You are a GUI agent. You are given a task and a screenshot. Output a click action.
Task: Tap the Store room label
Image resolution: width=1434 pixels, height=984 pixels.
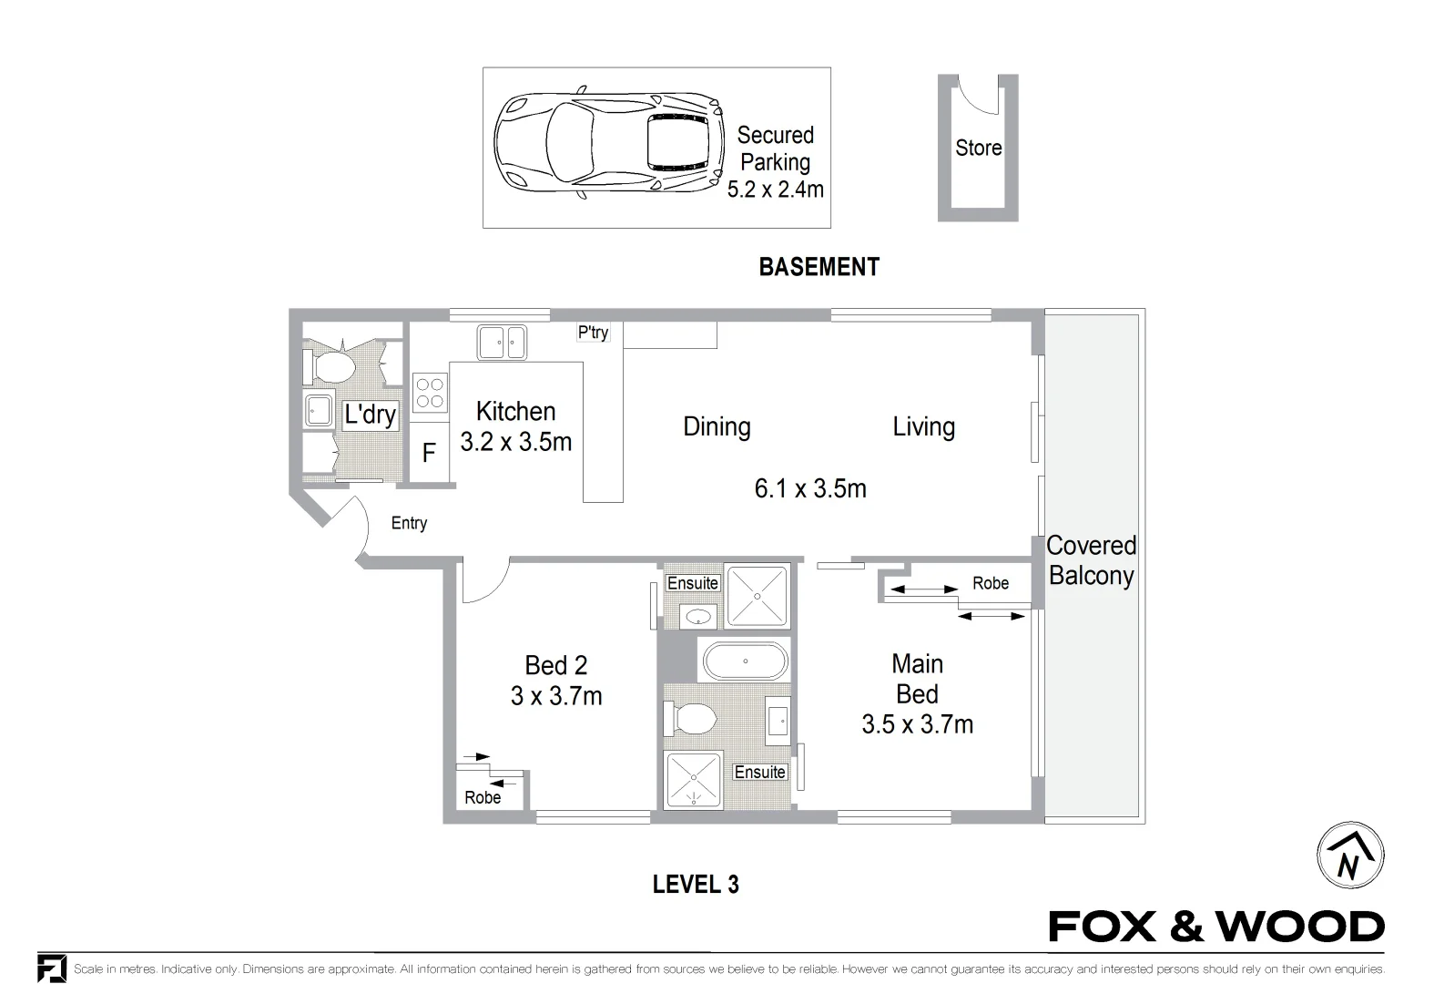coord(978,148)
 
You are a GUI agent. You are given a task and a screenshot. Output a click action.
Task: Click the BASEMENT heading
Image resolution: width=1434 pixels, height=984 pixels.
coord(819,267)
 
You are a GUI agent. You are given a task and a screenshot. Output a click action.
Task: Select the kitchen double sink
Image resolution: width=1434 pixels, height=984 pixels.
coord(502,343)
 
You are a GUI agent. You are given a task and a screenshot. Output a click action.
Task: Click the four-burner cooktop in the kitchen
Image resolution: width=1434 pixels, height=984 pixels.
coord(429,392)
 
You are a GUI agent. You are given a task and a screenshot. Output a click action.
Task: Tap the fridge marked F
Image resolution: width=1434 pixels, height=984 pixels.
coord(429,453)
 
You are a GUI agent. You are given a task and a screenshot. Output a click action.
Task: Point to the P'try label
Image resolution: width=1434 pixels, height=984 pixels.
coord(593,333)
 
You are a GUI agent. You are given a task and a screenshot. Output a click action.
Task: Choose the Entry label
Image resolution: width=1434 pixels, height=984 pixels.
coord(409,523)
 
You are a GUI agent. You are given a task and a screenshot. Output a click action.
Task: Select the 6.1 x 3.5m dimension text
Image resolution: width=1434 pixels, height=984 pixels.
coord(809,489)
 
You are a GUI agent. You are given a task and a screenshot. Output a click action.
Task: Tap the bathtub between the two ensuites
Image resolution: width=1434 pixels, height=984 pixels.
coord(745,661)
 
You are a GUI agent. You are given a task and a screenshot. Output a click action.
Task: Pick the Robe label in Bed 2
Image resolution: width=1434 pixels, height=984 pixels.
coord(483,798)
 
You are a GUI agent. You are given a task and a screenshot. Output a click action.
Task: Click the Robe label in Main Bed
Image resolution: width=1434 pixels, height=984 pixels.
coord(990,583)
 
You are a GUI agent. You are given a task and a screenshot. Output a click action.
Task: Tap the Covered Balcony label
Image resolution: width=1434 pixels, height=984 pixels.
coord(1091,560)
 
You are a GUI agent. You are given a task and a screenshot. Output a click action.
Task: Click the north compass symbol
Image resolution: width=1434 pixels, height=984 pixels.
coord(1350,856)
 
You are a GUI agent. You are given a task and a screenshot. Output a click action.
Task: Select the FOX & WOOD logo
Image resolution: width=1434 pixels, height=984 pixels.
coord(1216,927)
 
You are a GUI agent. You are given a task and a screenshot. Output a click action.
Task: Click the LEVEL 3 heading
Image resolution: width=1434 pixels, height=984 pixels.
coord(696,884)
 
